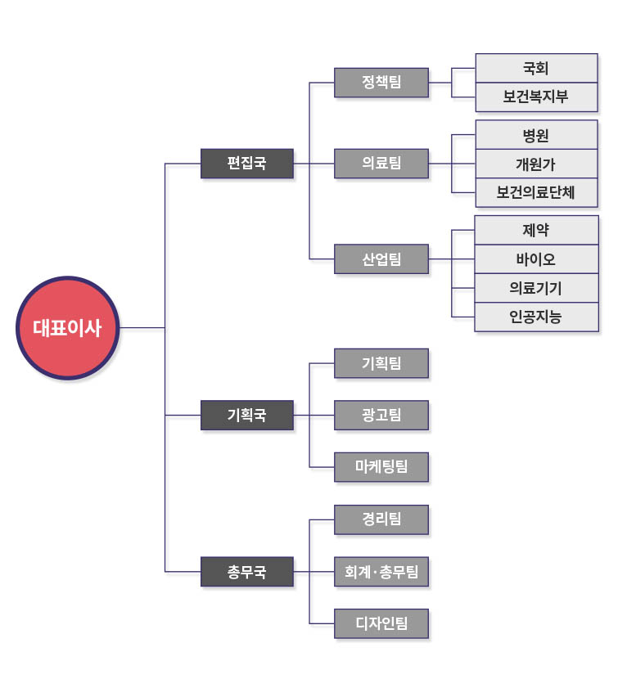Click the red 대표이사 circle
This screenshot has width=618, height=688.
coord(68,328)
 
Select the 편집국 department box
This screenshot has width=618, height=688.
coord(246,163)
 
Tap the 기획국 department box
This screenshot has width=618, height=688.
coord(246,415)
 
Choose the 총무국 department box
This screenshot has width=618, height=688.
coord(246,571)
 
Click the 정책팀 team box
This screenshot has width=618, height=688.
coord(381,82)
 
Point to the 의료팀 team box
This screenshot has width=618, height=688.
coord(381,163)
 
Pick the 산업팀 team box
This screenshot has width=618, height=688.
coord(381,259)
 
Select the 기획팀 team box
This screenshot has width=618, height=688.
coord(381,363)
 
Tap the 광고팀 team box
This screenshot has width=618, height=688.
coord(381,415)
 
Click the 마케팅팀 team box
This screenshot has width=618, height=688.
coord(381,467)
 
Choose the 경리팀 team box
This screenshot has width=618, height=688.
coord(381,519)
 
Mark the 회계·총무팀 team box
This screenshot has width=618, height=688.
coord(381,571)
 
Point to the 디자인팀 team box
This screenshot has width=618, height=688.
coord(381,623)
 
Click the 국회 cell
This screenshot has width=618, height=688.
coord(536,69)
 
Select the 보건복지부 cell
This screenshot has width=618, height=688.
coord(536,97)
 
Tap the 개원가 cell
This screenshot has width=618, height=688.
coord(536,164)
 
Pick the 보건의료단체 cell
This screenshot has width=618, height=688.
coord(536,192)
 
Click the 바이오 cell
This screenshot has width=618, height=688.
coord(536,259)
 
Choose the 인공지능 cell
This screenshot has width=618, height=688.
coord(536,317)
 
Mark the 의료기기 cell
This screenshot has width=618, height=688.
coord(536,288)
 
